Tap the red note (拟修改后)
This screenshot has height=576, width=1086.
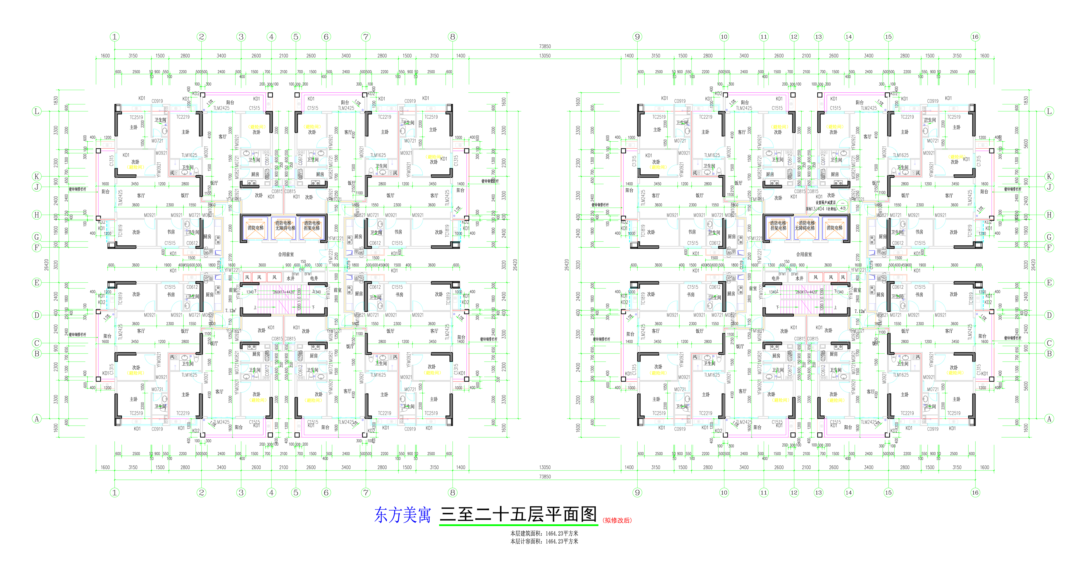point(617,520)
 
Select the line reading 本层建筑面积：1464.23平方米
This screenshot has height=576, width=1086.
point(544,534)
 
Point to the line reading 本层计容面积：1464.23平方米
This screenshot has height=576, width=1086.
point(544,541)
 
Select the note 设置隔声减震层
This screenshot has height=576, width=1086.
point(825,203)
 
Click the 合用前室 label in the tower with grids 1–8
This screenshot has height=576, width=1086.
point(286,254)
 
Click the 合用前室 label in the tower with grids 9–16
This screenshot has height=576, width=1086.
point(804,254)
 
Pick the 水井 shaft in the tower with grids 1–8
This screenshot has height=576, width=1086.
point(291,278)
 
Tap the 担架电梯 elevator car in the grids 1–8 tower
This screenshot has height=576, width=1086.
point(312,228)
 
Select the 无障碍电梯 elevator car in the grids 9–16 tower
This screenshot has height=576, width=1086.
point(806,228)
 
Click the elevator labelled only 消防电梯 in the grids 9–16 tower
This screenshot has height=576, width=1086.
point(834,228)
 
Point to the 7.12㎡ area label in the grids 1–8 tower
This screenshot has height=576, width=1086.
point(231,311)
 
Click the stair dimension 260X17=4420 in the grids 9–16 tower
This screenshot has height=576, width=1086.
point(806,292)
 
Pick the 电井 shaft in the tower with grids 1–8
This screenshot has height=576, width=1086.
point(314,278)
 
